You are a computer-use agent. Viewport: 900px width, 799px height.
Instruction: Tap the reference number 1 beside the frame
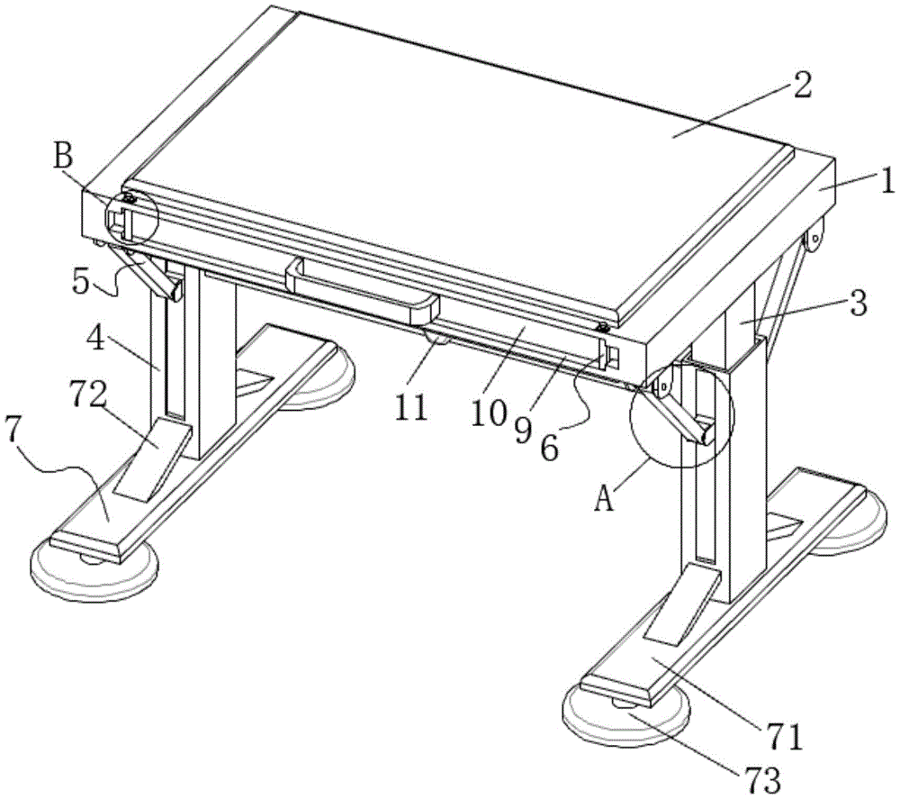[x=886, y=181]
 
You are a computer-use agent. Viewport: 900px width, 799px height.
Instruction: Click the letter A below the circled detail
[x=604, y=497]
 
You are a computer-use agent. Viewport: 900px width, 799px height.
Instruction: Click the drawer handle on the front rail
[x=362, y=290]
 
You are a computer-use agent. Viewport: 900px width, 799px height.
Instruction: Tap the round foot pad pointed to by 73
[x=627, y=714]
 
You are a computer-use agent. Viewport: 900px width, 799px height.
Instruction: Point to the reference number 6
[x=549, y=448]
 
